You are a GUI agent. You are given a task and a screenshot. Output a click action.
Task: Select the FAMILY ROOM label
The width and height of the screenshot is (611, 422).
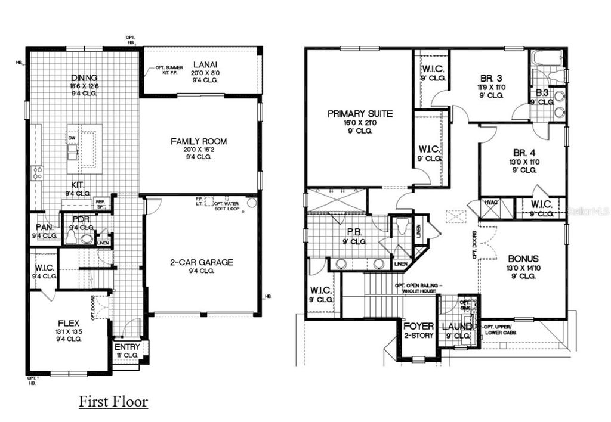[x=199, y=141]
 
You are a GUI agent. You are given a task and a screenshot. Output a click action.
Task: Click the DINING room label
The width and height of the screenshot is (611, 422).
[x=84, y=77]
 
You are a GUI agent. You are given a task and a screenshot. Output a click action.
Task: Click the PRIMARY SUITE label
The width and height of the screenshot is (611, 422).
[x=360, y=113]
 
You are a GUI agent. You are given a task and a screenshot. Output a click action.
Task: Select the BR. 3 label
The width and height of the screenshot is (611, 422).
[x=492, y=77]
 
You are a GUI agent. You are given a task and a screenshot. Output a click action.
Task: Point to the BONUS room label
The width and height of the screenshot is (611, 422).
[x=523, y=259]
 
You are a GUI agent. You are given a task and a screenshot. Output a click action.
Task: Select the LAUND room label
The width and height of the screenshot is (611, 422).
[x=456, y=327]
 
